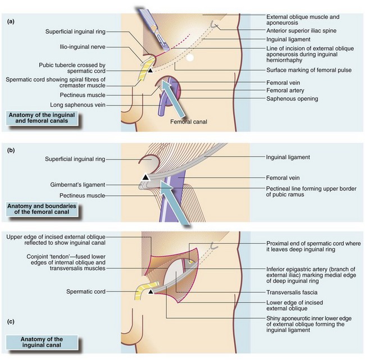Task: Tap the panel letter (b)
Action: coord(10,150)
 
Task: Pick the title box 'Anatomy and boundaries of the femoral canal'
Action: coord(44,210)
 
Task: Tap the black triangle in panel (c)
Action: coord(150,291)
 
